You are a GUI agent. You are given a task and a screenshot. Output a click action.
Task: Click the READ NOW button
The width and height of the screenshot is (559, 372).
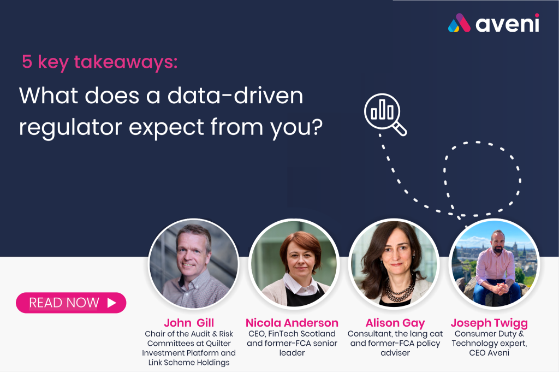[71, 303]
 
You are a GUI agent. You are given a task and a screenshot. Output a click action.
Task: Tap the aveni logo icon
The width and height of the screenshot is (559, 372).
[459, 23]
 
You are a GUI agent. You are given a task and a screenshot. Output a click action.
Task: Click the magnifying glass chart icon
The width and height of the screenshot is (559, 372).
[385, 115]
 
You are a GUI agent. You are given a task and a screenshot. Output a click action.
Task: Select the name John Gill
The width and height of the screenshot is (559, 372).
[189, 323]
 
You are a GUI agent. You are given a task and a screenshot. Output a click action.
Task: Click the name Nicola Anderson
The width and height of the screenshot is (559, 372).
[292, 323]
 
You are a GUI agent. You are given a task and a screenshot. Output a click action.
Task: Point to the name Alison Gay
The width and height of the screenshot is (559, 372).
[395, 323]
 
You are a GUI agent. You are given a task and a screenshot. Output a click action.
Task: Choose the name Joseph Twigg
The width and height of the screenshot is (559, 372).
[489, 323]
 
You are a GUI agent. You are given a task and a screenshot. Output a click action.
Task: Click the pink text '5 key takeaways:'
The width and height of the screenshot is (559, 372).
[100, 62]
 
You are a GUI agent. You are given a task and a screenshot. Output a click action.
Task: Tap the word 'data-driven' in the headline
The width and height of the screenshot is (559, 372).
[235, 96]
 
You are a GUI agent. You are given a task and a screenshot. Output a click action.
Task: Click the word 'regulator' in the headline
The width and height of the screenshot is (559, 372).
[70, 128]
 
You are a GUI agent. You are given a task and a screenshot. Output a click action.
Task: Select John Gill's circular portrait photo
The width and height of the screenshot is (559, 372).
[194, 264]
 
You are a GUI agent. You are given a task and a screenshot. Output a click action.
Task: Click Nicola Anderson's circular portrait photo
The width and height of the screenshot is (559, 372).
[294, 264]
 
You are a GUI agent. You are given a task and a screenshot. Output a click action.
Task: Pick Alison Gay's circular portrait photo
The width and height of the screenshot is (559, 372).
[394, 264]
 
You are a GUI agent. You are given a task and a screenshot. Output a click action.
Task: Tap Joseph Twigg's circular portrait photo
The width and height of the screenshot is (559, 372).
[494, 264]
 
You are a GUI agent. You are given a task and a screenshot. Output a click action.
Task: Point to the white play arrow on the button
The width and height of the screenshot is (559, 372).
[112, 303]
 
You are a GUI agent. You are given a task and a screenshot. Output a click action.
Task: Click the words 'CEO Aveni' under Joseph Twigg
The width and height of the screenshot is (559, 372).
[489, 353]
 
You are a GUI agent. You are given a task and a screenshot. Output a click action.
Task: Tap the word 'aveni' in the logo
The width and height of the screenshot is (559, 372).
[507, 23]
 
